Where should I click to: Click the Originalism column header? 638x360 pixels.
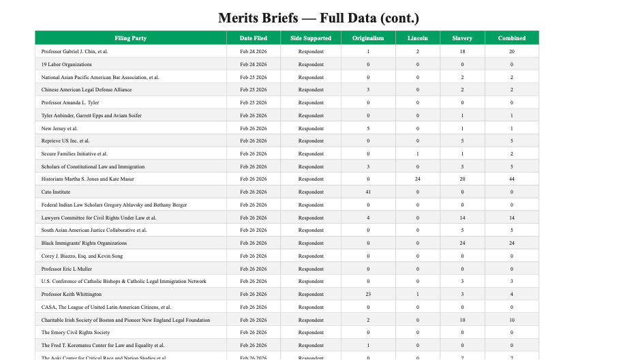[368, 38]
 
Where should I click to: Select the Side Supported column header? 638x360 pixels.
[311, 38]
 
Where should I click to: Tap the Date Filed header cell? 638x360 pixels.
[254, 38]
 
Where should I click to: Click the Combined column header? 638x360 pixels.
[511, 38]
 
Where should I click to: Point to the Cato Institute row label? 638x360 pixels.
[56, 192]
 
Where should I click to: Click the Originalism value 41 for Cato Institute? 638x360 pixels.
[368, 192]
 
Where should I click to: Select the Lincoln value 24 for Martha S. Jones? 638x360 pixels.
[418, 179]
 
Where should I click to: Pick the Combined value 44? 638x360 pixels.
[511, 179]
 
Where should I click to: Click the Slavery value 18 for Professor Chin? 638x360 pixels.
[462, 51]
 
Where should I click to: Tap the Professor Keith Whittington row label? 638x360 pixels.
[72, 295]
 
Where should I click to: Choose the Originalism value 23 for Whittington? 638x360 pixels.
[368, 295]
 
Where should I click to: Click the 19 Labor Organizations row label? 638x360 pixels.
[67, 64]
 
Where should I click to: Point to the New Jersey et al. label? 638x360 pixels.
[60, 128]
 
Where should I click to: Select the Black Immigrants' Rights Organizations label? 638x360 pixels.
[84, 243]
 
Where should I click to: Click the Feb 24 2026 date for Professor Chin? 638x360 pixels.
[254, 51]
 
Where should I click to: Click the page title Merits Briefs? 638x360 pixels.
[318, 17]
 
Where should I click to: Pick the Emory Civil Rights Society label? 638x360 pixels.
[76, 333]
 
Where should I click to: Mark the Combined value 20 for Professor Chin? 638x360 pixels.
[511, 51]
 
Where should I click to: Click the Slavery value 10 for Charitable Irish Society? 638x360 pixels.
[462, 320]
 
